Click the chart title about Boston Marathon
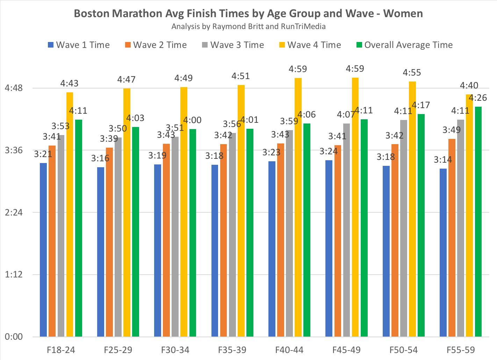[248, 14]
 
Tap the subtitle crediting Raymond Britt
[248, 27]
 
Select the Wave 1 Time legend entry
[79, 45]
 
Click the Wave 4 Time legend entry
[310, 45]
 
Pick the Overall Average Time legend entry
[404, 45]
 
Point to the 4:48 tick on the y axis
[14, 88]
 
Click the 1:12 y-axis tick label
[14, 275]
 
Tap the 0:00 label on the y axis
[14, 337]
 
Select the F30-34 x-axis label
[175, 350]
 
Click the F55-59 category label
[461, 350]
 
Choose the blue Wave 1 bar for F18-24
[43, 250]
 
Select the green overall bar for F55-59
[478, 221]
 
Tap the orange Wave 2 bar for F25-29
[109, 242]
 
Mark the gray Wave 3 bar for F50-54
[404, 228]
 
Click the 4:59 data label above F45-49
[355, 69]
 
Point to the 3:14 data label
[443, 160]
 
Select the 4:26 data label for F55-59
[478, 98]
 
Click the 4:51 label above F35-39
[240, 76]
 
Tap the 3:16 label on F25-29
[100, 158]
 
